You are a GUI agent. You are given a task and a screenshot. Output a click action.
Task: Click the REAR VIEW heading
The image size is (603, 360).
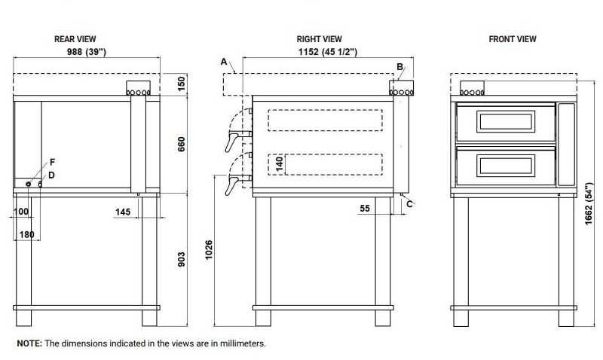click(75, 38)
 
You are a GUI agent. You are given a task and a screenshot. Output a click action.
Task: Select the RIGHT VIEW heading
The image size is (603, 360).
click(320, 38)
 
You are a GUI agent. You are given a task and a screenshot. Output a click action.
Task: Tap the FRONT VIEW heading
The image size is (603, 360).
click(512, 38)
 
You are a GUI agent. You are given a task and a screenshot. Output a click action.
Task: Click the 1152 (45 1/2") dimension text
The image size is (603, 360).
click(324, 52)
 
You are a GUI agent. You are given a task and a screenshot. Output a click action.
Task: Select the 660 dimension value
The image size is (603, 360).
click(181, 143)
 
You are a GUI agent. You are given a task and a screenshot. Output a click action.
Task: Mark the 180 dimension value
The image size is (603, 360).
click(26, 235)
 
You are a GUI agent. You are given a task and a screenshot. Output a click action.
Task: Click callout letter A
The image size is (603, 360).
click(224, 61)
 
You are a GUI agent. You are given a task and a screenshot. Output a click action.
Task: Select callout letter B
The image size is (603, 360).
click(399, 66)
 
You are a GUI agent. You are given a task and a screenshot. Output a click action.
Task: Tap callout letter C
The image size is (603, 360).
click(410, 203)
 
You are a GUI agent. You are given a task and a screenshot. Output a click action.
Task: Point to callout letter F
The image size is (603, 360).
click(52, 162)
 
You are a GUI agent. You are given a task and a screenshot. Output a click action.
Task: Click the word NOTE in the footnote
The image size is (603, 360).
click(29, 343)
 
